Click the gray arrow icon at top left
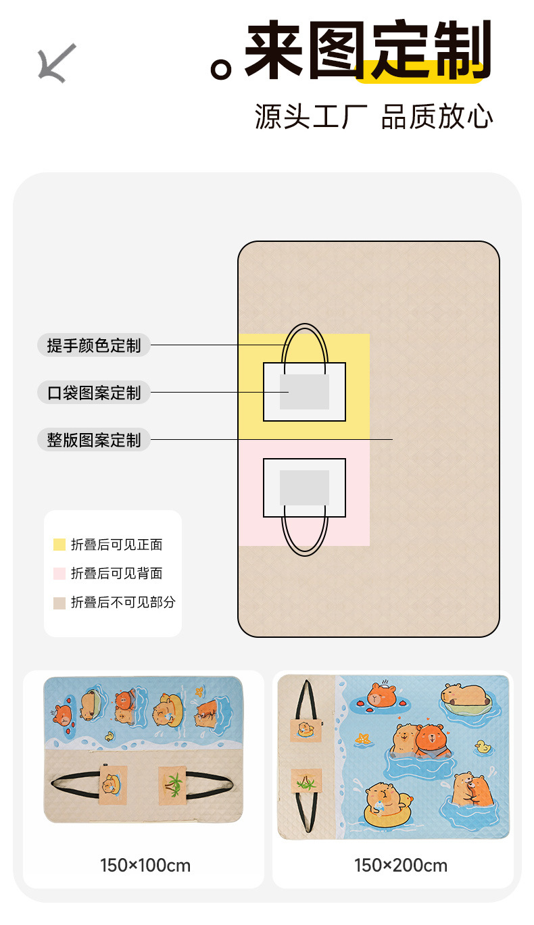[x=56, y=63]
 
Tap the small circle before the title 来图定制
[x=221, y=69]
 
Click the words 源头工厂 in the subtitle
[x=310, y=116]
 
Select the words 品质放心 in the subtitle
[x=437, y=116]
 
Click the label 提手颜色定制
[x=94, y=345]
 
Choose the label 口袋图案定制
[x=94, y=393]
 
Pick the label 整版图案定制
[x=94, y=440]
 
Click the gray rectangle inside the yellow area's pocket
[x=304, y=392]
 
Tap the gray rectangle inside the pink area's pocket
[x=304, y=488]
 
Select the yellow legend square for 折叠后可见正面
[x=59, y=545]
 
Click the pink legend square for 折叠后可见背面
[x=59, y=574]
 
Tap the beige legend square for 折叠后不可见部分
[x=59, y=603]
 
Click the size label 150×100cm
[x=145, y=865]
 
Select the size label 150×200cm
[x=401, y=865]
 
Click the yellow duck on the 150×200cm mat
[x=483, y=747]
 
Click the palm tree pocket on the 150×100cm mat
[x=173, y=784]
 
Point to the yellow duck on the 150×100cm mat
[x=109, y=736]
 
